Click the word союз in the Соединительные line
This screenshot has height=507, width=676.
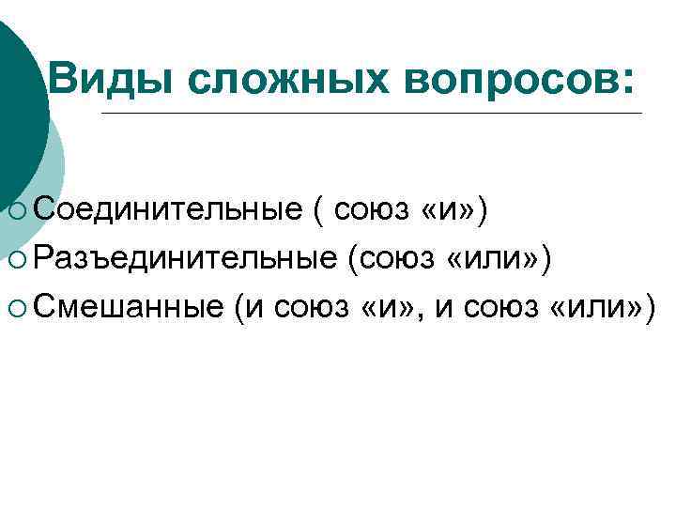(x=373, y=213)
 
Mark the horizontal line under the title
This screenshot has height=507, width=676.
(x=371, y=114)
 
